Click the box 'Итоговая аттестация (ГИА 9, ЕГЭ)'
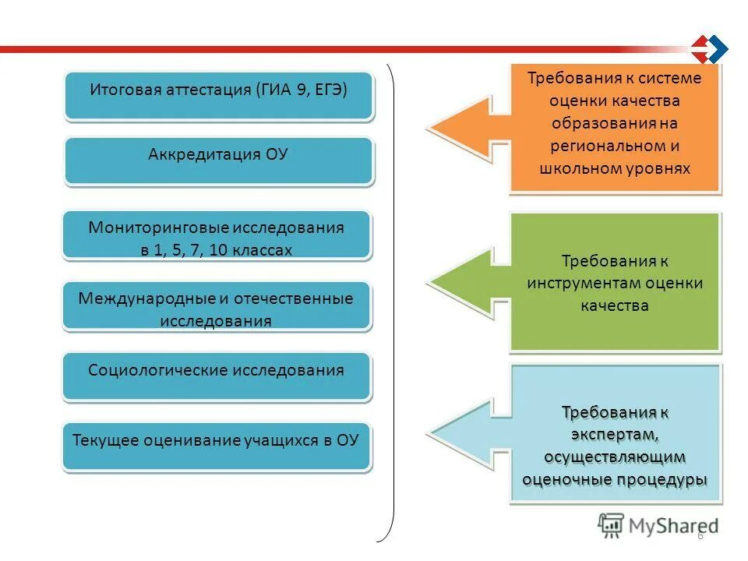click(x=218, y=96)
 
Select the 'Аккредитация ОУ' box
click(x=218, y=161)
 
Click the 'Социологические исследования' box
click(x=217, y=377)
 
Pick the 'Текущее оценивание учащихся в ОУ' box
click(x=217, y=446)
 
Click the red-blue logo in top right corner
click(x=709, y=50)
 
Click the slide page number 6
click(x=700, y=536)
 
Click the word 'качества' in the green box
click(x=614, y=305)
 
